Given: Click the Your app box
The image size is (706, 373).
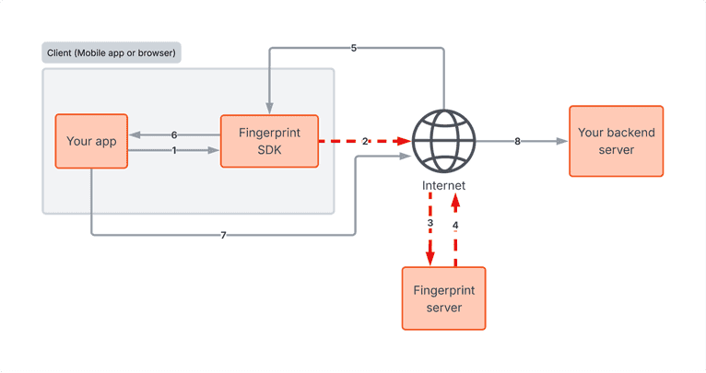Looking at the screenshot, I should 91,141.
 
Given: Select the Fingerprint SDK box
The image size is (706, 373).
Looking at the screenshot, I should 269,141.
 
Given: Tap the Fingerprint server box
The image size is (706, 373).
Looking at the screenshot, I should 443,297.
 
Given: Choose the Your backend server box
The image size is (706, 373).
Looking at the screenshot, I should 616,141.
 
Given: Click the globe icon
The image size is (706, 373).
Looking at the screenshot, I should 443,141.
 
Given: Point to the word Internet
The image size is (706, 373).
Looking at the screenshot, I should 443,185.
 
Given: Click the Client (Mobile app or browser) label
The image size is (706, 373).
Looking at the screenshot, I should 112,52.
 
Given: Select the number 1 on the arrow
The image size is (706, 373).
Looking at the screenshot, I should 174,151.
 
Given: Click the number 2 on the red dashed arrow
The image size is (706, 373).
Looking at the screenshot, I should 365,141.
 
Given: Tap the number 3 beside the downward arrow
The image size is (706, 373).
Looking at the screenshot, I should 429,224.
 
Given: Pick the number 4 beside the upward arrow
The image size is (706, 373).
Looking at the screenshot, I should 455,224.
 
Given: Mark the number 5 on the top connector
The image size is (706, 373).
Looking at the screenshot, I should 354,48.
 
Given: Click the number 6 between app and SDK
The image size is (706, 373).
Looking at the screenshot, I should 174,134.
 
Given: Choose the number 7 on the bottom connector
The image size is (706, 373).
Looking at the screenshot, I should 223,235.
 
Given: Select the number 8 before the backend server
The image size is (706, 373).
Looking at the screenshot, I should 517,141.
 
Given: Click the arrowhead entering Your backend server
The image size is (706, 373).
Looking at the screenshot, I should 562,141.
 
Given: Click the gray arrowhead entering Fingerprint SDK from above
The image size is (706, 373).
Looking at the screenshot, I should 268,108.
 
